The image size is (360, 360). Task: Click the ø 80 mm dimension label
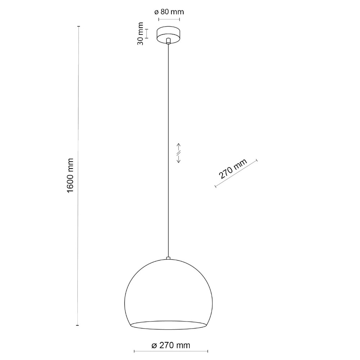tap(169, 12)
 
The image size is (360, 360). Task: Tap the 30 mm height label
tap(140, 33)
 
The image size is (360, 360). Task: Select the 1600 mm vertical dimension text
tap(70, 176)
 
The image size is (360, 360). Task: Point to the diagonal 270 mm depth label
tap(233, 168)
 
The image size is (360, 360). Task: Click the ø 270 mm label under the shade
tap(171, 345)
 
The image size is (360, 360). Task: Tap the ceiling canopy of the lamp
tap(168, 35)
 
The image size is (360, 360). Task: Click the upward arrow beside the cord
tap(179, 147)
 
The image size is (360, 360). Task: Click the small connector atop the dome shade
tap(168, 258)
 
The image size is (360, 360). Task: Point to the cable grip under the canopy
tap(168, 41)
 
